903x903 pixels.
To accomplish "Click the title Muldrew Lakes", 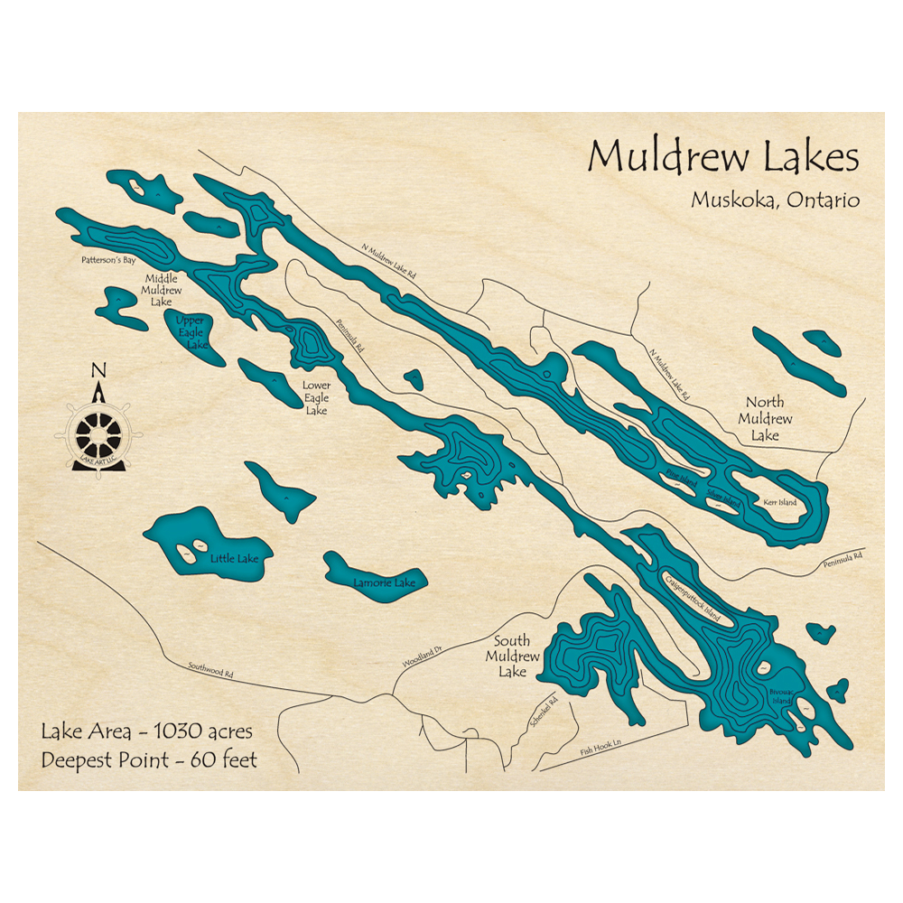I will tap(723, 157).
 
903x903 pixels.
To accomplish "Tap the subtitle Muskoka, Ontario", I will tap(775, 200).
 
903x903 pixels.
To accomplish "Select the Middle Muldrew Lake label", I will tap(162, 290).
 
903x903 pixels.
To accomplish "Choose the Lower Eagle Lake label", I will tap(316, 397).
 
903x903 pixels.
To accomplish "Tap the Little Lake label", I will tap(234, 559).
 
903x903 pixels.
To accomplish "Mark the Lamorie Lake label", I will tap(385, 583).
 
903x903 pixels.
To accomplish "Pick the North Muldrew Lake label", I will tap(765, 419).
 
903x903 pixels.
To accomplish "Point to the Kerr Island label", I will tap(780, 502).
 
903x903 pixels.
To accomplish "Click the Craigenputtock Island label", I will tap(696, 597).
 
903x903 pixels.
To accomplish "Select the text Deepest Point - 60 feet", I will tap(149, 759).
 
